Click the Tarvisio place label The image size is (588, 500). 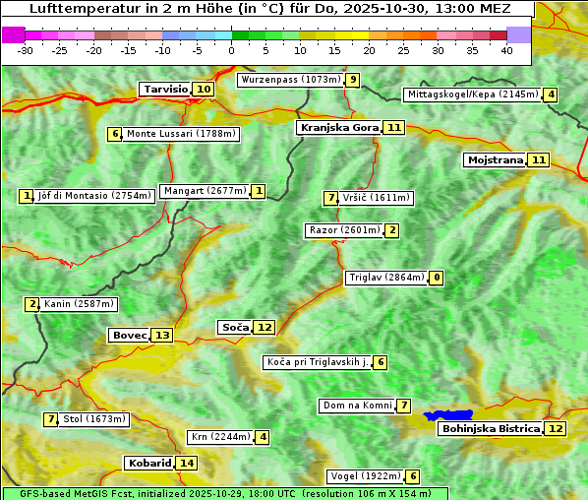coord(165,89)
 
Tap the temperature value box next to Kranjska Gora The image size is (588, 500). coord(394,127)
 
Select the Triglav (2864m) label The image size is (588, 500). coord(386,278)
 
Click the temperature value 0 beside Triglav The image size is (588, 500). coord(436,278)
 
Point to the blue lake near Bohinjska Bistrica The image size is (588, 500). coord(449,415)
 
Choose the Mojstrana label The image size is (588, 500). coord(496,159)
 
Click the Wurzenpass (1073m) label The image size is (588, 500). coord(291,80)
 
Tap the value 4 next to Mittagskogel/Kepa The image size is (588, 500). coord(552,94)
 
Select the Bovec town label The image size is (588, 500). coord(129,335)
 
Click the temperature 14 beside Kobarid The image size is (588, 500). coord(187,463)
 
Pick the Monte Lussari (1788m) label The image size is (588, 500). coord(181,134)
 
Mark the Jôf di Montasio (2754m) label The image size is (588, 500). coord(94,196)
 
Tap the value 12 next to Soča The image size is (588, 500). coord(265,327)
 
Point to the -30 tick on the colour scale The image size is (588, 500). coord(26,49)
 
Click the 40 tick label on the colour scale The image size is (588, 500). coord(506,49)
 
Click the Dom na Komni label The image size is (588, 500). coord(357,406)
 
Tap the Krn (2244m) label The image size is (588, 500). coord(220,437)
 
